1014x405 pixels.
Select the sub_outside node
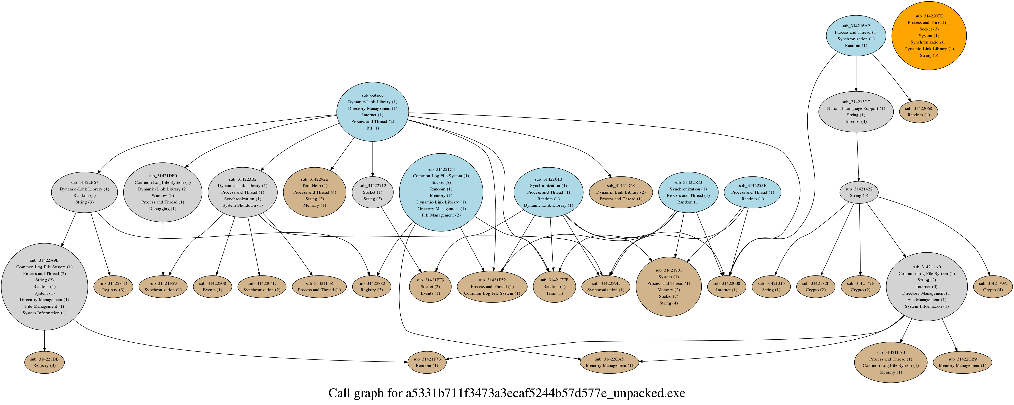point(372,112)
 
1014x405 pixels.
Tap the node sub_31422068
point(918,112)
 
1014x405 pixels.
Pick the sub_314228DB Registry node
point(44,362)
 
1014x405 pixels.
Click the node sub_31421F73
point(427,362)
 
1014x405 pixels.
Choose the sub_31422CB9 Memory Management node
point(962,362)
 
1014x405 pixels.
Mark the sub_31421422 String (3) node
point(859,192)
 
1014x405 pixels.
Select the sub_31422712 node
point(372,192)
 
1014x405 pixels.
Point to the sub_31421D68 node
point(620,192)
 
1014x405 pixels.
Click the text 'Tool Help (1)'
point(314,186)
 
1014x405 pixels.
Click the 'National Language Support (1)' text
point(856,108)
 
